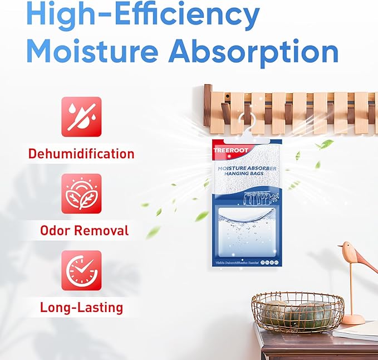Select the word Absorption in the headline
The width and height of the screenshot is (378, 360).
(253, 51)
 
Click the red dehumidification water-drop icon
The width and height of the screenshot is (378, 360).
(81, 116)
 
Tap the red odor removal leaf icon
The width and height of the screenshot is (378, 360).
(81, 193)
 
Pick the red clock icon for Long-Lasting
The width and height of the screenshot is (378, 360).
(81, 270)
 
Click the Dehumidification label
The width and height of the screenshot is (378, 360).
(82, 153)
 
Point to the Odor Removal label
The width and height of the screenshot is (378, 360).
(85, 230)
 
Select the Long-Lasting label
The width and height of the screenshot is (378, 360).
(82, 307)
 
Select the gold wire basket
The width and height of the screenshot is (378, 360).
(297, 313)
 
